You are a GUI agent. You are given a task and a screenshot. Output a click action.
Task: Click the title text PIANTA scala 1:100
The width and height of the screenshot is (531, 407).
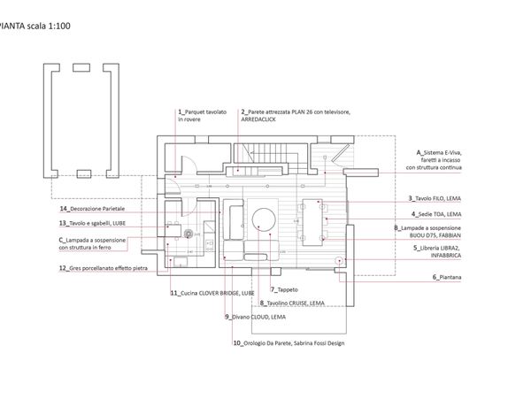click(35, 27)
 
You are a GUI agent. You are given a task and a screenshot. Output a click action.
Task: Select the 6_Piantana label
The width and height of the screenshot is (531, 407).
click(448, 278)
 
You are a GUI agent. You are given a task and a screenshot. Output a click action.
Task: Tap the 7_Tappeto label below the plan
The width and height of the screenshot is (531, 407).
click(285, 289)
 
